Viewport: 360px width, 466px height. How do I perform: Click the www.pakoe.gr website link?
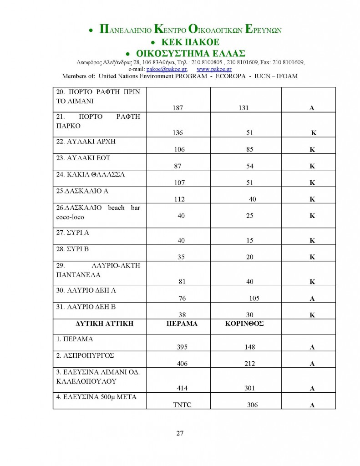coord(214,69)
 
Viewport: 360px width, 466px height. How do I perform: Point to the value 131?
coord(246,108)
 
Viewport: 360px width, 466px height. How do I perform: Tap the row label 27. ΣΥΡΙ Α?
coord(73,232)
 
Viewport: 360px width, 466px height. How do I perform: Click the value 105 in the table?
coord(254,299)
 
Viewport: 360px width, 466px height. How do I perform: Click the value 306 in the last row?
coord(252,405)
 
